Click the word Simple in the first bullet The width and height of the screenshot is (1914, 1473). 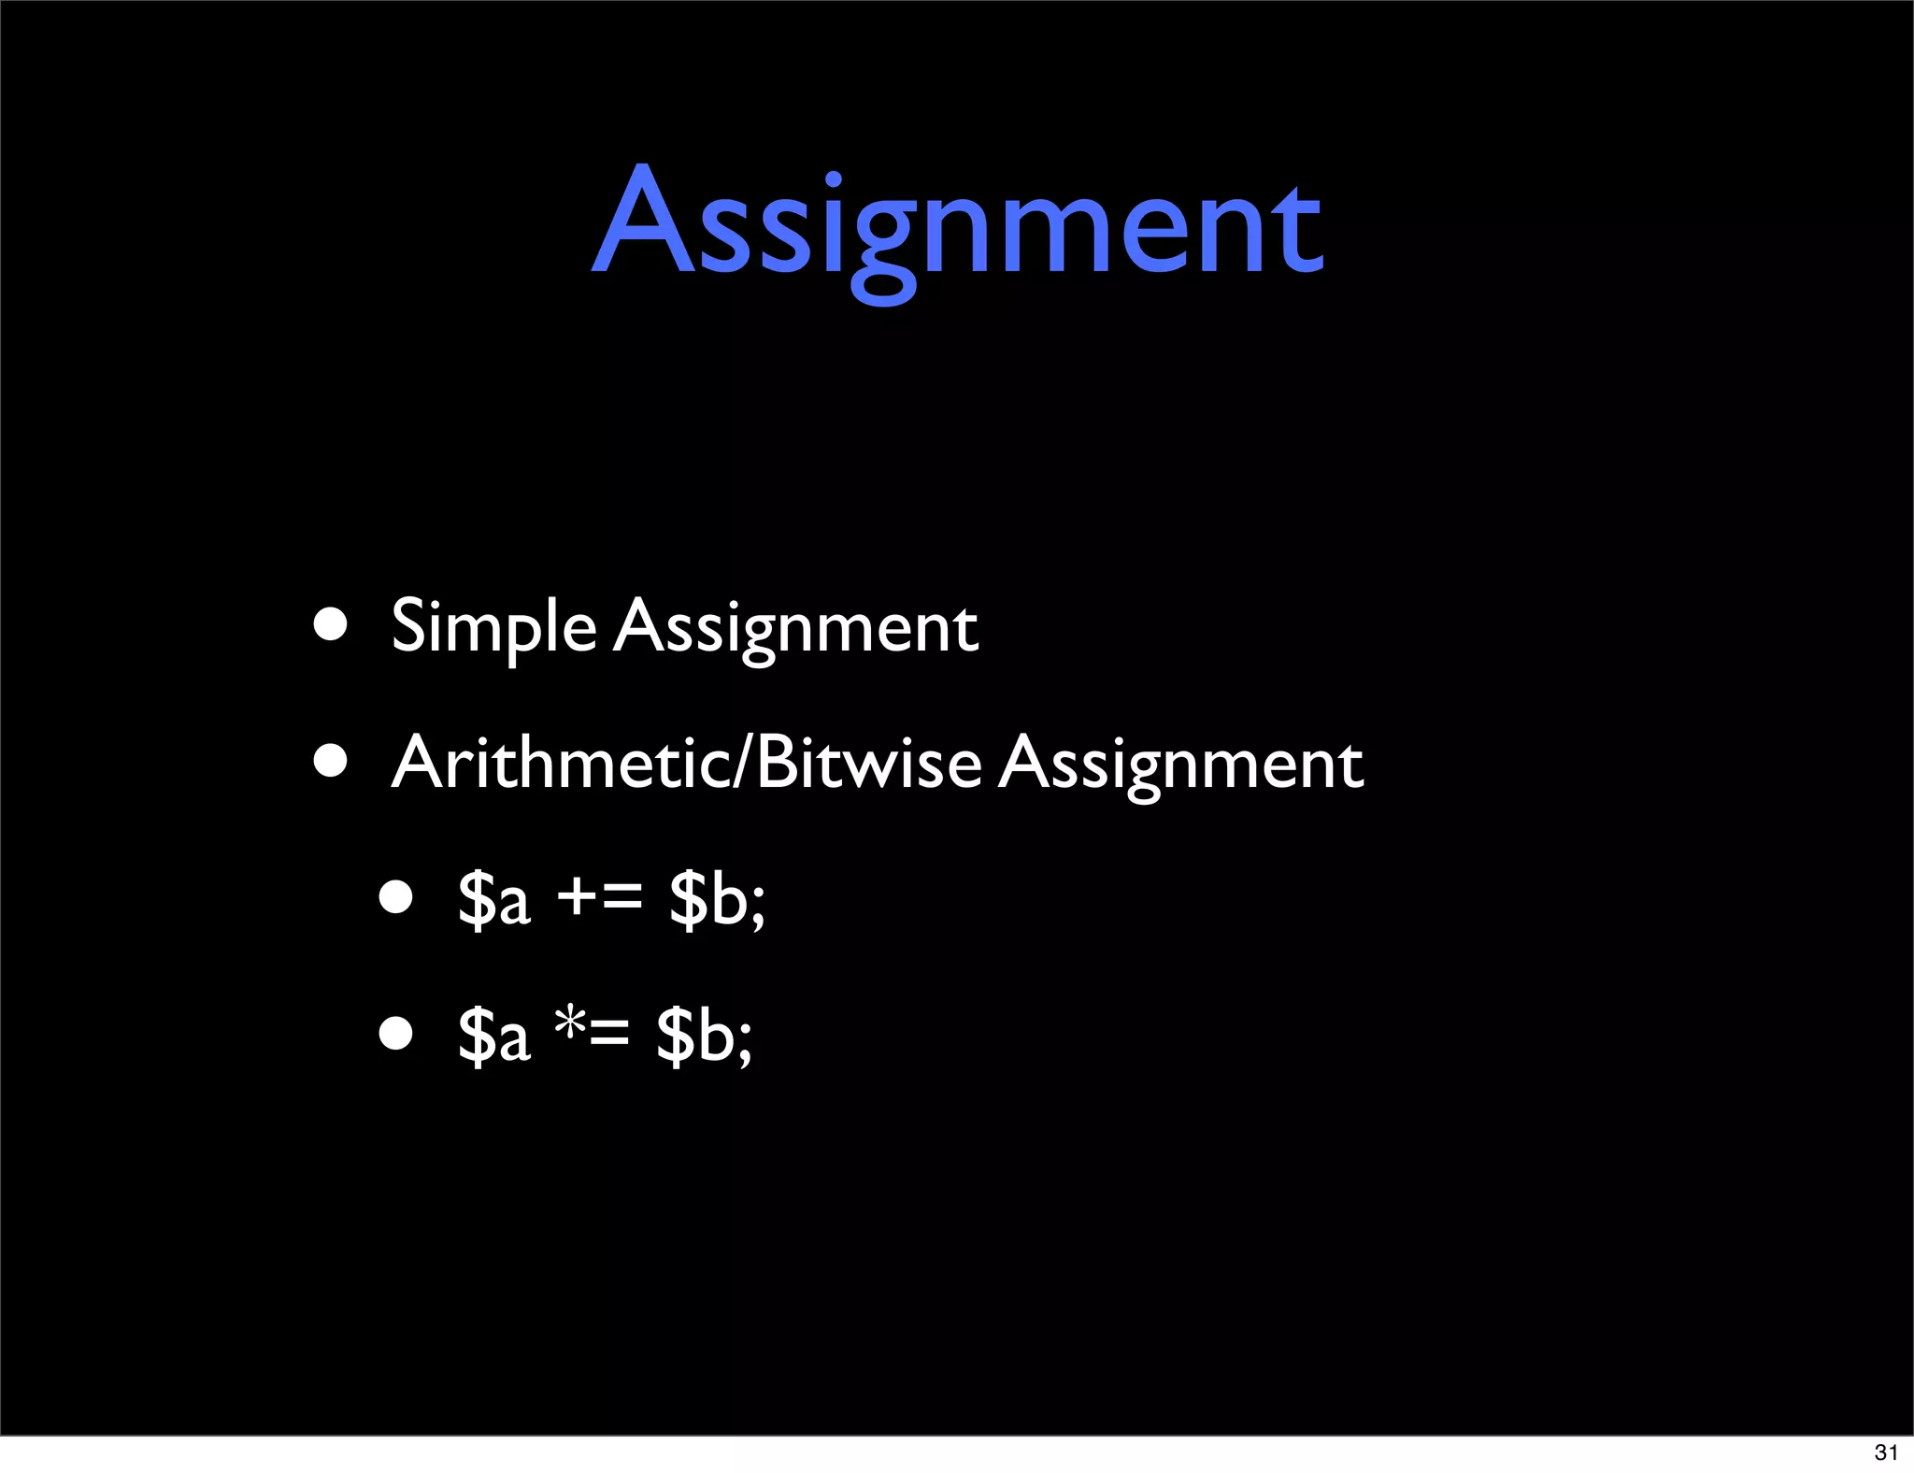493,626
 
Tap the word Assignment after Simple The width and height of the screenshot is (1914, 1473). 796,626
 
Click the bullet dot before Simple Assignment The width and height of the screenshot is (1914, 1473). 331,623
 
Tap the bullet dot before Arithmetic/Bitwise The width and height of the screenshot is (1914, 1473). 331,761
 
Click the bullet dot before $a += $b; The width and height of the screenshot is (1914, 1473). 396,897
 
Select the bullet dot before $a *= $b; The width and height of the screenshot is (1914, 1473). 396,1034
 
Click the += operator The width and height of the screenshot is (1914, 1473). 599,897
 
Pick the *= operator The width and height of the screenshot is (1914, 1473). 592,1034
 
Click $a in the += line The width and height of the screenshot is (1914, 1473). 494,899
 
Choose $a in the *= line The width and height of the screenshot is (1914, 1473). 494,1036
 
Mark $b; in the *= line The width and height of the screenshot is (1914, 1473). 704,1036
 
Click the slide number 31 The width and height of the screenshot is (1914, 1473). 1886,1452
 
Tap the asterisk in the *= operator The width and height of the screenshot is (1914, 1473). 570,1024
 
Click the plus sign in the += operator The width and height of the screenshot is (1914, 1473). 578,897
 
